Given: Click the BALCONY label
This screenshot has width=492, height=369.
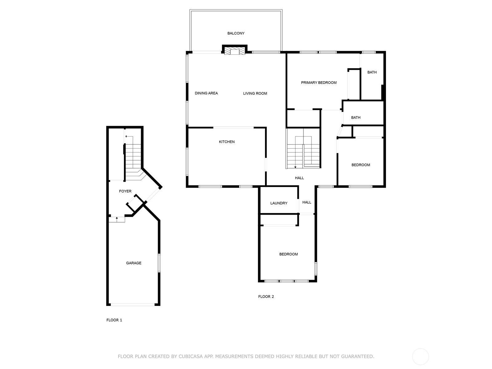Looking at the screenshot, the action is click(236, 33).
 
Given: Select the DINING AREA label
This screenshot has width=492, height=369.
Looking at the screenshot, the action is click(206, 93).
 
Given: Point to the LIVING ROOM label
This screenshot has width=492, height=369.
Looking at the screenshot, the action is click(255, 93).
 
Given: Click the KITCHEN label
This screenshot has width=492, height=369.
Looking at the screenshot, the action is click(227, 142).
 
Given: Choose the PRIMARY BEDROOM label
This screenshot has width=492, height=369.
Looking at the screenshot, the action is click(319, 83).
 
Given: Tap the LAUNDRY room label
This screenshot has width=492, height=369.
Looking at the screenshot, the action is click(279, 203).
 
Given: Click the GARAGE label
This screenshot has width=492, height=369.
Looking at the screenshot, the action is click(133, 263).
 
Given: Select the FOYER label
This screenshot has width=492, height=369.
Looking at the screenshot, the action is click(125, 191).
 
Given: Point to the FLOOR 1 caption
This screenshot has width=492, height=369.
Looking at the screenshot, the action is click(114, 320).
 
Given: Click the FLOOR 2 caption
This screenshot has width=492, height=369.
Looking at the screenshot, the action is click(266, 296).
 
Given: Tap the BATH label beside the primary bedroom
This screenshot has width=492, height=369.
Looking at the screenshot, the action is click(372, 72).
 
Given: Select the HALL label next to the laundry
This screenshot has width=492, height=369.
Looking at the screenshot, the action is click(307, 202).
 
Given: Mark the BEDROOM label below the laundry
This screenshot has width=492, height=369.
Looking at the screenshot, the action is click(288, 254).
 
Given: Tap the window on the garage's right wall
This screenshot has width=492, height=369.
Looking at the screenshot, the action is click(159, 263).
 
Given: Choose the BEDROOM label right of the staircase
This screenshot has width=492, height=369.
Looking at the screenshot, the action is click(361, 165).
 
